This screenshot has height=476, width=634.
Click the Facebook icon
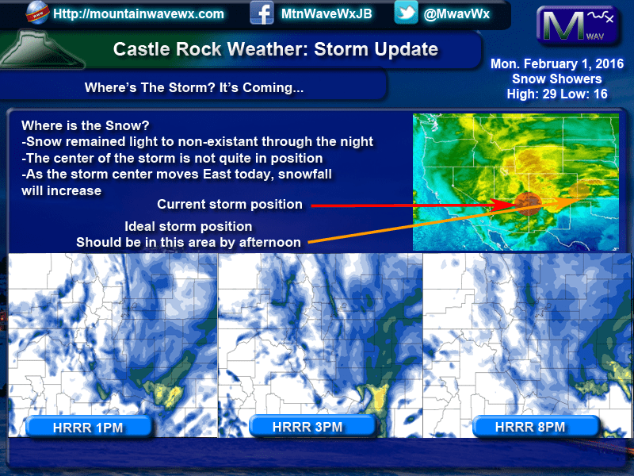[262, 13]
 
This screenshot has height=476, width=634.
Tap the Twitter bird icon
[406, 13]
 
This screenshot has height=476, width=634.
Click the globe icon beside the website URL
[36, 13]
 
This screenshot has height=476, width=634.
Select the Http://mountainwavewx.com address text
[138, 14]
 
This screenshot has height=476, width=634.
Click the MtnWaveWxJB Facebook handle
[327, 13]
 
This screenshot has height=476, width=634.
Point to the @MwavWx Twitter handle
[456, 14]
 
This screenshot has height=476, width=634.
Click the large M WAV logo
[578, 25]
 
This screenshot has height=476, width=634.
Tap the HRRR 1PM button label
[88, 428]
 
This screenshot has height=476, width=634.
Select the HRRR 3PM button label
[307, 427]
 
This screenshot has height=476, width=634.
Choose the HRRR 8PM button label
[530, 427]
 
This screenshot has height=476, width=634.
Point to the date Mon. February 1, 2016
[557, 63]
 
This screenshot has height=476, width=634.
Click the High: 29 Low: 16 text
[557, 94]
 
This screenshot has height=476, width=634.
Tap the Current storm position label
[230, 205]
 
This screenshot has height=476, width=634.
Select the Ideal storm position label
[188, 226]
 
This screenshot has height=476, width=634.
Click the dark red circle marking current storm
[528, 203]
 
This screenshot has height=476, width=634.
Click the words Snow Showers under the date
[557, 79]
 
